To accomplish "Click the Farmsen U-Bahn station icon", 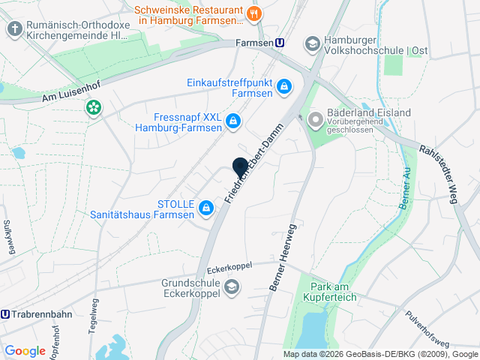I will [x=280, y=43].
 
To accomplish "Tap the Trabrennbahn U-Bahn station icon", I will [x=6, y=314].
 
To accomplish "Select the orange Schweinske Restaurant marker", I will [x=255, y=13].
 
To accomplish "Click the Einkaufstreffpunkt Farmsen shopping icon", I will [x=284, y=88].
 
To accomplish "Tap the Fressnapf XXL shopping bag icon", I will [x=234, y=120].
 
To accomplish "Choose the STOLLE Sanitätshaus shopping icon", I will [x=205, y=207].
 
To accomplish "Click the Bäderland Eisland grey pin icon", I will [x=316, y=118].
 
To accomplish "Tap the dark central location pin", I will [x=240, y=167].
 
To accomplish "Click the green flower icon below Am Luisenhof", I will [x=93, y=109].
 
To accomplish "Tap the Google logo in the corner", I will [x=25, y=350].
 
